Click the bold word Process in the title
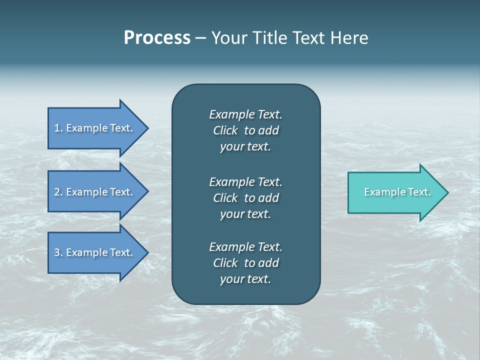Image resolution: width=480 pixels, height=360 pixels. [157, 38]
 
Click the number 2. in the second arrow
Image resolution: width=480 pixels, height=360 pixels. [58, 192]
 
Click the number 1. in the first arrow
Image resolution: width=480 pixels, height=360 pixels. [58, 128]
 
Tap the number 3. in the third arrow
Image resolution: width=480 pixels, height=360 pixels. [58, 252]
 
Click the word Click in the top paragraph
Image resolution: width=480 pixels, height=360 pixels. [225, 130]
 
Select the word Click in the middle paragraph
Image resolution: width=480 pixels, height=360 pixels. [225, 198]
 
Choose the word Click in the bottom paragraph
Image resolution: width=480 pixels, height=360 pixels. [225, 263]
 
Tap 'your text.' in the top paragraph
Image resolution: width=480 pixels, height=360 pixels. [245, 147]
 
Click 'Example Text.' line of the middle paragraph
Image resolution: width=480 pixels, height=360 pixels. [245, 182]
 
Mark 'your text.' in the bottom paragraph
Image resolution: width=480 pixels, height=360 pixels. [245, 279]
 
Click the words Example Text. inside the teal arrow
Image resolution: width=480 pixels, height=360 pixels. [397, 192]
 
